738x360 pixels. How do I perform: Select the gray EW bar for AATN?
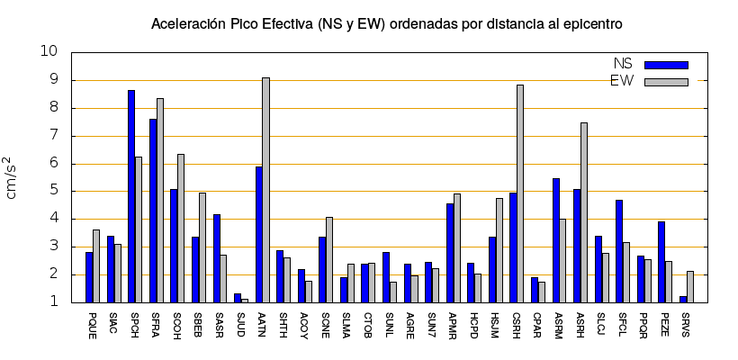click(265, 190)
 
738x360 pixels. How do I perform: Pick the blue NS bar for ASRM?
click(556, 240)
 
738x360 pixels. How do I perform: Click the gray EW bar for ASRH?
click(584, 212)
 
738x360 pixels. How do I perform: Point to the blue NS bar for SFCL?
click(619, 251)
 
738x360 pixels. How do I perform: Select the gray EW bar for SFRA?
click(159, 200)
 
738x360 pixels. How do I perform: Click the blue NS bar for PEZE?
click(661, 262)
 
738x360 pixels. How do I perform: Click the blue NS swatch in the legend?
click(666, 65)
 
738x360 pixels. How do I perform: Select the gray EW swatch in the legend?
click(666, 82)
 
